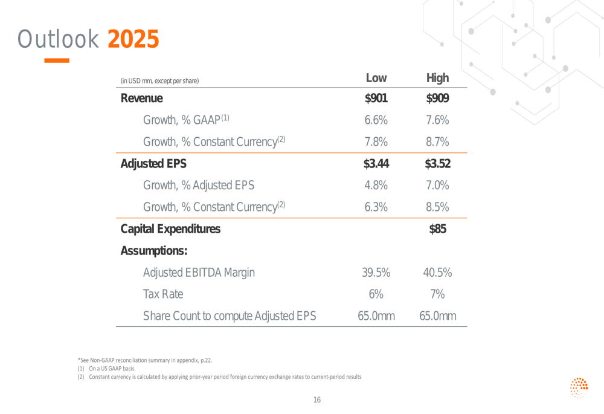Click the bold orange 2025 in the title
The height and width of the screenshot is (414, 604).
coord(133,39)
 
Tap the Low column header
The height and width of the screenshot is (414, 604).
coord(376,78)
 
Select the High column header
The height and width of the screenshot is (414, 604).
coord(437,78)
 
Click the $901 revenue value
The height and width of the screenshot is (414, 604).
coord(376,99)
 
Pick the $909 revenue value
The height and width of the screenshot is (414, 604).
coord(437,99)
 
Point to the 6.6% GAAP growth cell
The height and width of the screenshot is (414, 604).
coord(376,120)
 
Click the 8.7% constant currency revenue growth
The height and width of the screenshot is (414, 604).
coord(437,142)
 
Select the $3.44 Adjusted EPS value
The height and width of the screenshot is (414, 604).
coord(376,164)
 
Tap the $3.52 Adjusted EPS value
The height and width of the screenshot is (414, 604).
coord(437,164)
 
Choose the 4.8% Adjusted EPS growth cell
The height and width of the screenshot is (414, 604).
coord(376,186)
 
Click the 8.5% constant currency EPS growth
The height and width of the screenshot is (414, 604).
coord(437,207)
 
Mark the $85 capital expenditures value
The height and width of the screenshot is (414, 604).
coord(437,229)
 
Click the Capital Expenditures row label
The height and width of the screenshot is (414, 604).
coord(170,229)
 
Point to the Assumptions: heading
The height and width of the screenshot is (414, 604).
coord(154,251)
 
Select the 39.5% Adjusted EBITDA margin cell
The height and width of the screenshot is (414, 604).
coord(376,273)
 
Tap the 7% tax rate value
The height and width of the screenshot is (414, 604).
coord(437,294)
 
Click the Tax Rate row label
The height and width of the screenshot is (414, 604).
coord(163,294)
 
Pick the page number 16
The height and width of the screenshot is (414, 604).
coord(317,399)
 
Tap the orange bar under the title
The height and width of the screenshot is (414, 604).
coord(57,60)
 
